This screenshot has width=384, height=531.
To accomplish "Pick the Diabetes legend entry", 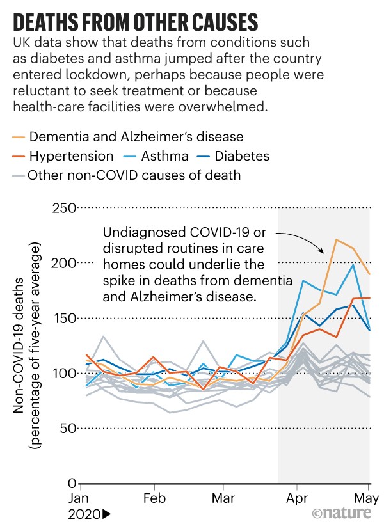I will (243, 155).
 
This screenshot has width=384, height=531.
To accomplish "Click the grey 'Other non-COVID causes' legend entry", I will (134, 175).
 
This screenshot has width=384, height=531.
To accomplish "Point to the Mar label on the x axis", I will (223, 498).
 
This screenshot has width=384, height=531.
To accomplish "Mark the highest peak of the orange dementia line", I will (336, 240).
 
